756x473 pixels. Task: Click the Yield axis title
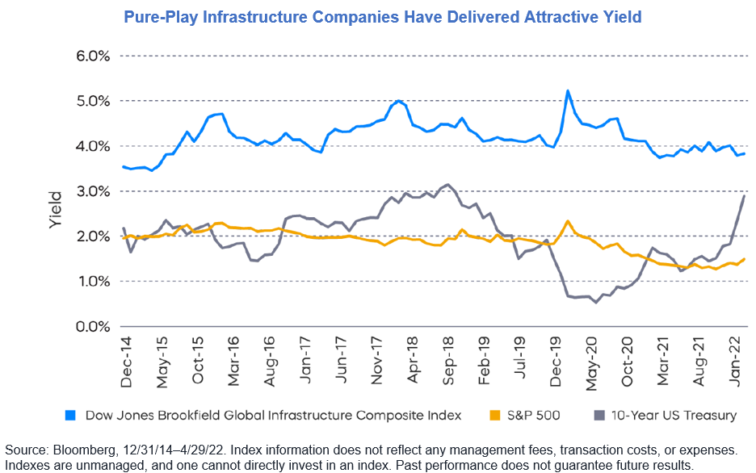pos(56,209)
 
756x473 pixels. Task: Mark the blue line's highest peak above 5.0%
pos(568,91)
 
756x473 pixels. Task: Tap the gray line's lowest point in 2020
pos(596,302)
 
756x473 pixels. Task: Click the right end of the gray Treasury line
pos(743,196)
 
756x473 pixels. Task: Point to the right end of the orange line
pos(743,259)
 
